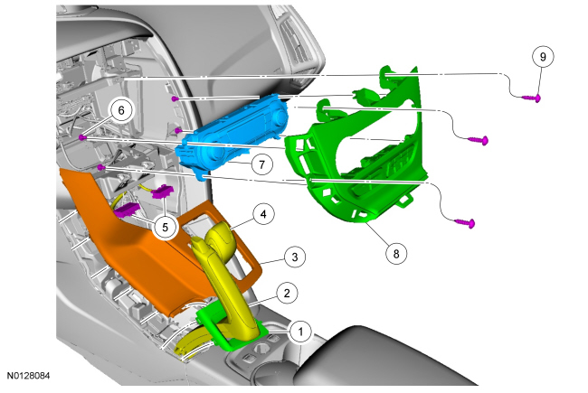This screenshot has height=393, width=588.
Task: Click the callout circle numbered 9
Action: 543,57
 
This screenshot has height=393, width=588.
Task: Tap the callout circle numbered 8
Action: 396,254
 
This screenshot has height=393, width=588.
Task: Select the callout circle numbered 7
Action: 261,164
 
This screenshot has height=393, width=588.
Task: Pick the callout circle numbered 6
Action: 120,110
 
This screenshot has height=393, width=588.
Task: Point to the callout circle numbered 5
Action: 165,227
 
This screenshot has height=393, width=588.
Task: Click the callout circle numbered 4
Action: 263,214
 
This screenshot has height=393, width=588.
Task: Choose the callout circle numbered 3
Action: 294,257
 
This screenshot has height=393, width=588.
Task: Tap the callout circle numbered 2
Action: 287,293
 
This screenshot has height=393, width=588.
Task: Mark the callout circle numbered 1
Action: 300,332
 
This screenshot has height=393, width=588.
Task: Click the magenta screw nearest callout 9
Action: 532,98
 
